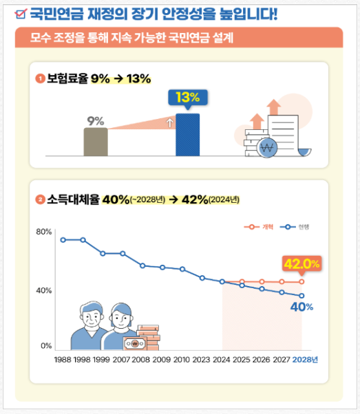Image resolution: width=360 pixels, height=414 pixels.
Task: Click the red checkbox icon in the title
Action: click(21, 12)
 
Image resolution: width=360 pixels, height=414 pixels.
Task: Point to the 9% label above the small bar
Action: click(95, 122)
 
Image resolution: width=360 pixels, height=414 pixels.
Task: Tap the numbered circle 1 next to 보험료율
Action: click(40, 78)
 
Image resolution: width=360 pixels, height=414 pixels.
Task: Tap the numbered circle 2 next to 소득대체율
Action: click(40, 200)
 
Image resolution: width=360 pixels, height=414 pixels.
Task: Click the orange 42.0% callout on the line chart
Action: click(302, 263)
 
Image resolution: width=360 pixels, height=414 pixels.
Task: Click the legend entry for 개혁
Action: click(260, 226)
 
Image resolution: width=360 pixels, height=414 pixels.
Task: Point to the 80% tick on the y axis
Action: click(44, 232)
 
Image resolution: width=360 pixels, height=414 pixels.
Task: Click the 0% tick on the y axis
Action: click(46, 345)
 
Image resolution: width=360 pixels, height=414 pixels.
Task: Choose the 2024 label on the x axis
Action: click(222, 360)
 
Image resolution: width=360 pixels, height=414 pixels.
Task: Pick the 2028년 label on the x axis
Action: click(305, 360)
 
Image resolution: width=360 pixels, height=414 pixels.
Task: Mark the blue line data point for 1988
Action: click(63, 240)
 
